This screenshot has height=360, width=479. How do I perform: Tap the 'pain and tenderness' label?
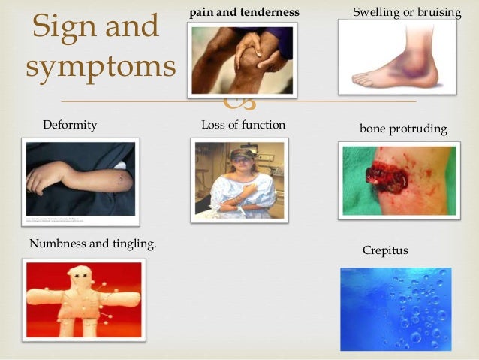(244, 13)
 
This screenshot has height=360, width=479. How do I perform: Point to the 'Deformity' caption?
(70, 125)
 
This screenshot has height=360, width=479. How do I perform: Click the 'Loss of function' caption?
(243, 125)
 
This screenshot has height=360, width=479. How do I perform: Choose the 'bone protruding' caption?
(403, 129)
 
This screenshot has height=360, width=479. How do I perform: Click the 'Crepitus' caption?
(385, 250)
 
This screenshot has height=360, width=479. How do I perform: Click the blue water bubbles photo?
(395, 307)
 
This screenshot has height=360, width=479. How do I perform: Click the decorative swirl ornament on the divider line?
(245, 101)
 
